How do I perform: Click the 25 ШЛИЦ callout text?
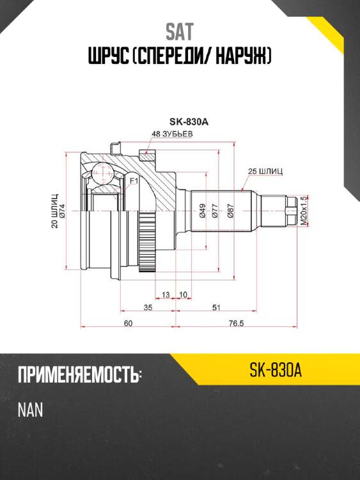(x=265, y=172)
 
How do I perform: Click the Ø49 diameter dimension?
(x=203, y=211)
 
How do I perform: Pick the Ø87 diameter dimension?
(x=231, y=211)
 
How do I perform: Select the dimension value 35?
(x=148, y=308)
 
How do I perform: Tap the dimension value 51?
(x=217, y=308)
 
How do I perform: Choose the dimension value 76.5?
(x=237, y=323)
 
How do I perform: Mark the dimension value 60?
(x=128, y=323)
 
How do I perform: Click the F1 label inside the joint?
(x=134, y=182)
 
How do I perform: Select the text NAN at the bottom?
(x=30, y=410)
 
